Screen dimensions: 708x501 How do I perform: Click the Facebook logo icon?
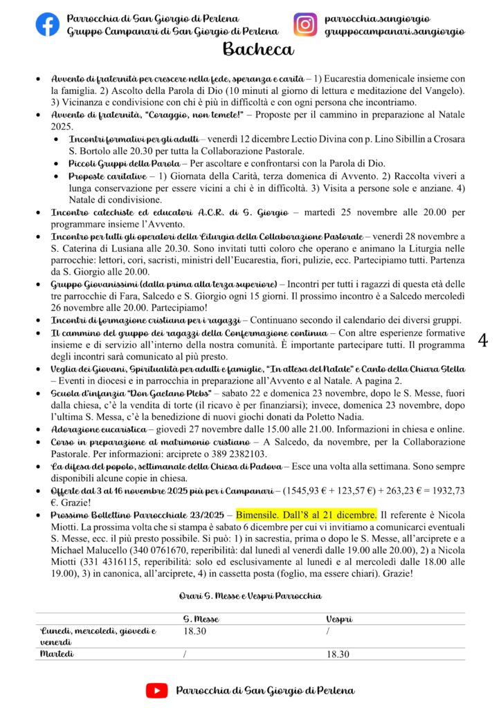coord(47,24)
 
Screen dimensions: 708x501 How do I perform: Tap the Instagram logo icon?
coord(304,24)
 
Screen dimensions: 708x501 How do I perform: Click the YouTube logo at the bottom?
coord(156,690)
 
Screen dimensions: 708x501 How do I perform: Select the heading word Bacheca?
coord(258,49)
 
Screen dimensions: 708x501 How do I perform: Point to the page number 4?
coord(483,339)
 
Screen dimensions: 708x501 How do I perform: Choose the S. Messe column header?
coord(201,619)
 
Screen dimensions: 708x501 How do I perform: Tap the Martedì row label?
coord(57,653)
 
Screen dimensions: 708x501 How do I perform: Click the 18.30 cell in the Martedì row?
coord(338,654)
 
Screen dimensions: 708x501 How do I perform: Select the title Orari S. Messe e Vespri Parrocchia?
coord(250,595)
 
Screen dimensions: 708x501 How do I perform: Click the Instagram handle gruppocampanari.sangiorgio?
coord(394,31)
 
